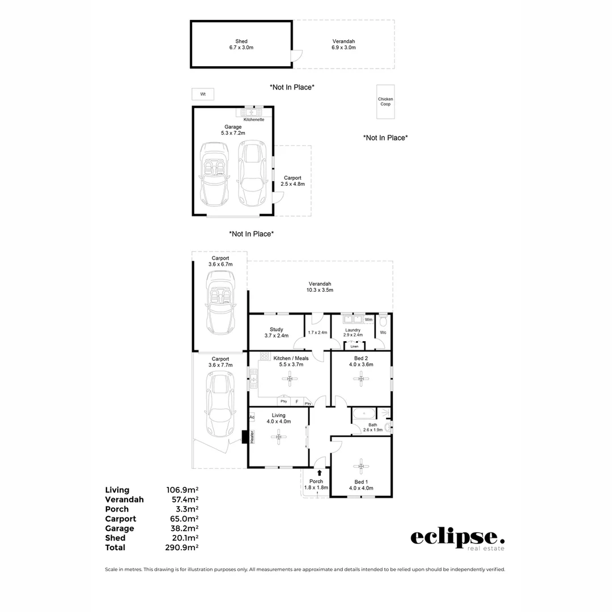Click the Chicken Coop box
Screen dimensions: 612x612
click(x=385, y=102)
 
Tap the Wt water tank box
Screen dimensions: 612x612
click(x=203, y=94)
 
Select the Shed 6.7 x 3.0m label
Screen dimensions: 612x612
click(x=241, y=45)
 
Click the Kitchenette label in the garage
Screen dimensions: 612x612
click(x=253, y=120)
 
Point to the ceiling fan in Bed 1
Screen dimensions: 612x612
click(x=361, y=467)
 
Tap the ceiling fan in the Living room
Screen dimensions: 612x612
click(x=278, y=436)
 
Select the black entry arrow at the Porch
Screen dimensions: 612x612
click(x=320, y=473)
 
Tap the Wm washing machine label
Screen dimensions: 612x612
click(x=368, y=320)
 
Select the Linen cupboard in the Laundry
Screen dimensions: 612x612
click(x=354, y=346)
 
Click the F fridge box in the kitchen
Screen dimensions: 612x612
click(x=297, y=401)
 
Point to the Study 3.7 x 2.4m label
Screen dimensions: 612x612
click(x=277, y=333)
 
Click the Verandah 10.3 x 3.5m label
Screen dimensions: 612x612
click(x=320, y=287)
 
